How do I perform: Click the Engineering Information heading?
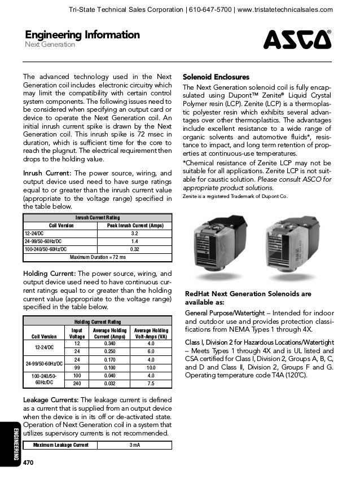pos(82,35)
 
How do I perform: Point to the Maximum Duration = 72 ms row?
pos(98,257)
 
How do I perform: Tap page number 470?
pos(29,463)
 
